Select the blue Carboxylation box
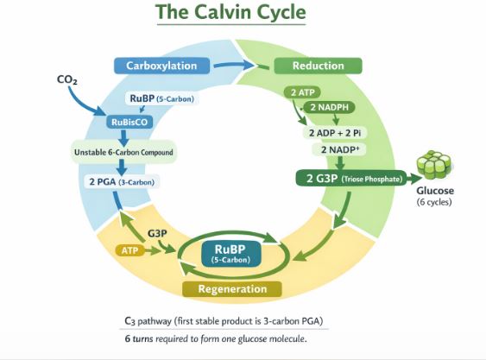161,66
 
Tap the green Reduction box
318,66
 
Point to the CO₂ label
67,79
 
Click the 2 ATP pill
304,92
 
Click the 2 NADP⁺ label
339,149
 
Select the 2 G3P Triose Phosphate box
350,179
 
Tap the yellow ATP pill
129,249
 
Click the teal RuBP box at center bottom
230,253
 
